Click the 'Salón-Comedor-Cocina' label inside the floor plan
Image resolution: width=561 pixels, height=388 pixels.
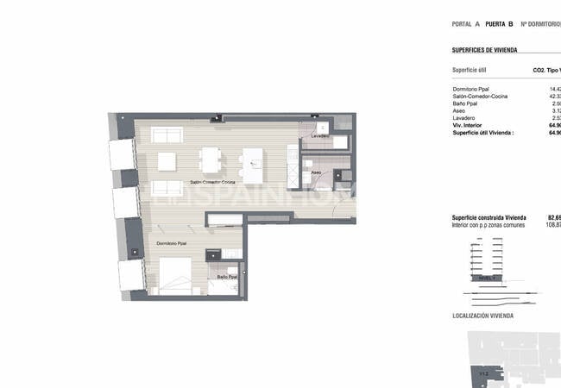click(x=212, y=183)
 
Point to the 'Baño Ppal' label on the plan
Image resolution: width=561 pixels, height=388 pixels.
click(x=228, y=277)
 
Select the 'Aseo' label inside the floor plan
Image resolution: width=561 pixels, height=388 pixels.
click(x=317, y=172)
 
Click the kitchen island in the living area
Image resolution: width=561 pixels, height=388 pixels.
click(x=253, y=166)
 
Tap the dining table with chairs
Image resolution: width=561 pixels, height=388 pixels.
click(x=210, y=161)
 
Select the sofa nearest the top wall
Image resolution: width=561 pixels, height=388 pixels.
click(x=167, y=135)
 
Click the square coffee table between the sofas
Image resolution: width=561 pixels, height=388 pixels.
click(x=166, y=161)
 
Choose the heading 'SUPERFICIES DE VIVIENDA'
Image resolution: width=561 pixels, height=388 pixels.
click(x=484, y=51)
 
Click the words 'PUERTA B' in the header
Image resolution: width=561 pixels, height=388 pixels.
click(x=500, y=25)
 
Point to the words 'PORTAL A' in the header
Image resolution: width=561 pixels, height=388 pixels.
click(x=466, y=25)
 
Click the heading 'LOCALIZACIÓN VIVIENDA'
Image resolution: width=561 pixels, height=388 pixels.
click(x=482, y=316)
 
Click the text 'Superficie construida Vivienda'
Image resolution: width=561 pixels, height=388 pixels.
click(x=489, y=217)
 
